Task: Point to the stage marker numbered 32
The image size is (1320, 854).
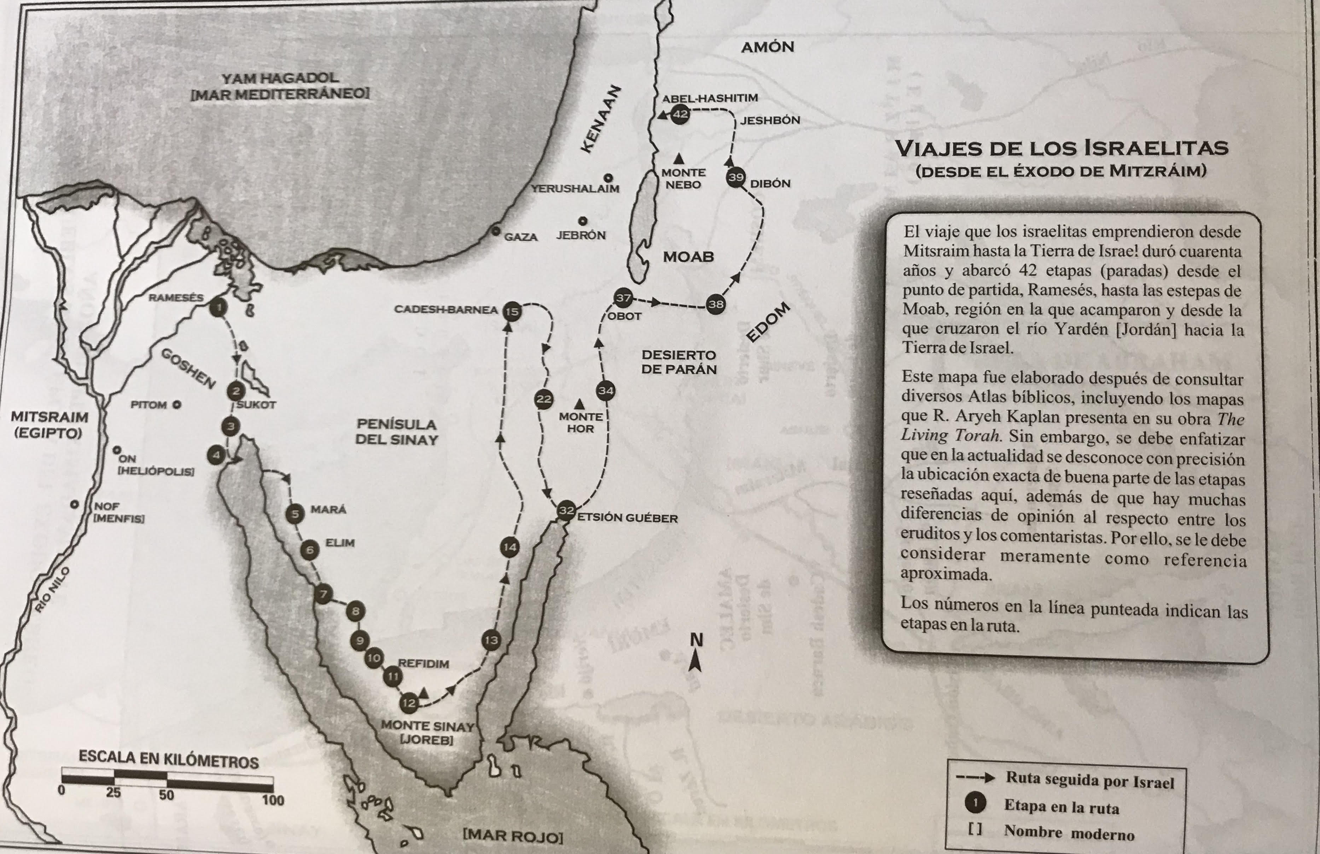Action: point(566,510)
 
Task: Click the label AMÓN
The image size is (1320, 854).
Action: point(768,47)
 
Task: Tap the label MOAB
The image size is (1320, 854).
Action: point(688,257)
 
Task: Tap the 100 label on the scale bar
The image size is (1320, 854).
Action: point(273,800)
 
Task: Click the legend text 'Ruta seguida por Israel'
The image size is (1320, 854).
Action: point(1090,781)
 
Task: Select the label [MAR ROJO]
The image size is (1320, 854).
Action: point(513,836)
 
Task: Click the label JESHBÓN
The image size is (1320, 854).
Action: point(770,120)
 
